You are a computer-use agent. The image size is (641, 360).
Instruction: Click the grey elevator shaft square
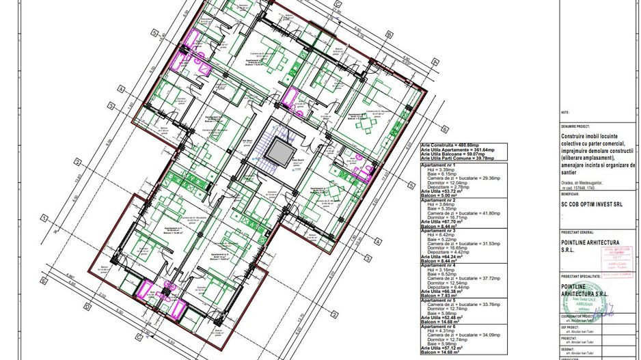click(279, 148)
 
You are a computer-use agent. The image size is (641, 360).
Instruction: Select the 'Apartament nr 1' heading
click(439, 165)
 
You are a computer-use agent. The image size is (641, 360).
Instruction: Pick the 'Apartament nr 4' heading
click(439, 264)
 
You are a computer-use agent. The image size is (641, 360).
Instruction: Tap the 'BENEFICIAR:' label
click(570, 194)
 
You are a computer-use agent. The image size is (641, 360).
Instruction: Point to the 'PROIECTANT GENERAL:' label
click(579, 233)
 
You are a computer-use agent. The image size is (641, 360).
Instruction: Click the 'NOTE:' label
click(564, 111)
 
